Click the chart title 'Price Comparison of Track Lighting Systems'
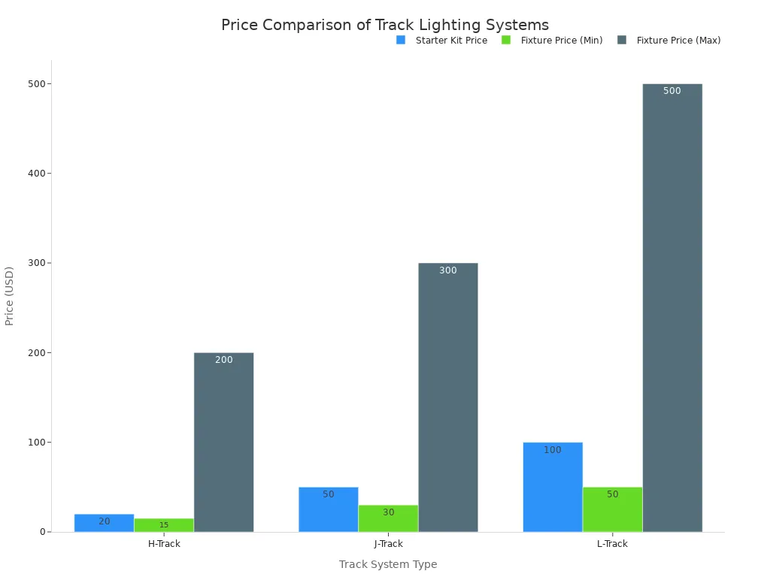click(x=384, y=25)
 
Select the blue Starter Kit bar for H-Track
click(x=104, y=523)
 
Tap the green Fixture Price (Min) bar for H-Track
click(x=164, y=525)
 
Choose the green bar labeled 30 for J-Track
click(x=388, y=518)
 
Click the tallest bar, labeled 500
click(x=672, y=307)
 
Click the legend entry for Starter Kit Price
click(x=442, y=41)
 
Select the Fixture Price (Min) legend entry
click(x=552, y=41)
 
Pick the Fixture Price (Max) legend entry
click(x=668, y=41)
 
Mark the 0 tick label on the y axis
click(x=44, y=532)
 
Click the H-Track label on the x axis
click(x=164, y=544)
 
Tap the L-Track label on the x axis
click(x=612, y=544)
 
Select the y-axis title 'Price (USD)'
click(x=10, y=295)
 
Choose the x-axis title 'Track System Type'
click(x=387, y=564)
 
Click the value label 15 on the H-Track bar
click(x=164, y=525)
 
